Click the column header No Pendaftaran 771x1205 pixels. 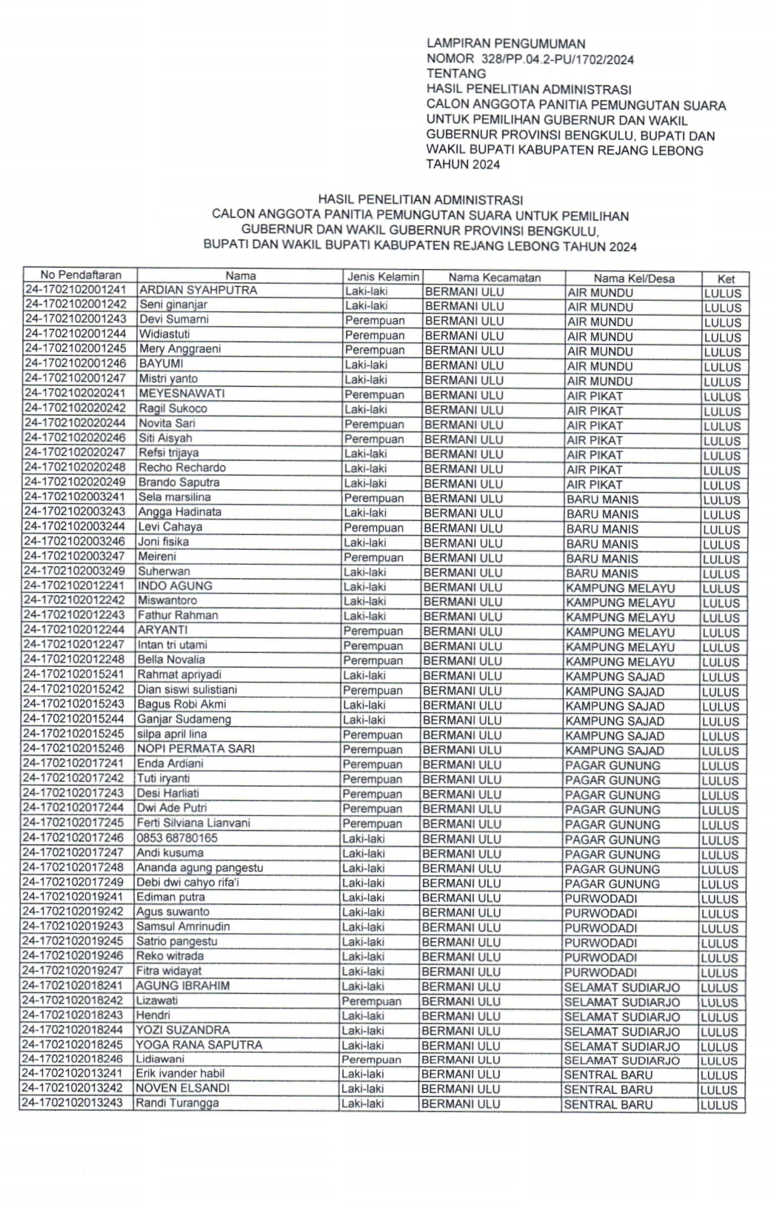(x=80, y=276)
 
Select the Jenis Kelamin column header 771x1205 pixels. (x=383, y=277)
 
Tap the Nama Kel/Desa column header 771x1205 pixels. (x=633, y=279)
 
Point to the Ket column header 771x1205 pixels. (x=725, y=279)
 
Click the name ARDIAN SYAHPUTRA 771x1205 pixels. (x=198, y=291)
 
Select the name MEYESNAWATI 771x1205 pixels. (x=182, y=394)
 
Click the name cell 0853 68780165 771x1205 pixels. (x=177, y=838)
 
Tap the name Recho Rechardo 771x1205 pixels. (x=182, y=468)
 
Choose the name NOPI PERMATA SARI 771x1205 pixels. (x=196, y=748)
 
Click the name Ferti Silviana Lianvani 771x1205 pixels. (x=193, y=823)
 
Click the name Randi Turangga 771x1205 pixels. (x=177, y=1103)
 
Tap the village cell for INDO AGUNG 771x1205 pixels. (x=620, y=588)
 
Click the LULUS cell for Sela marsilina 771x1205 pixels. (x=721, y=500)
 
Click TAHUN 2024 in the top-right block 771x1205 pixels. (x=463, y=165)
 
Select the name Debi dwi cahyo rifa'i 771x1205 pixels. (x=187, y=883)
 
